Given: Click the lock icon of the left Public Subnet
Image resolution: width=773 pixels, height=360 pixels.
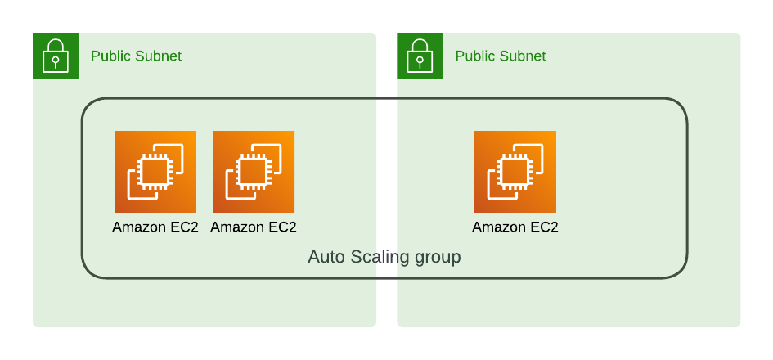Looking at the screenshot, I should [56, 56].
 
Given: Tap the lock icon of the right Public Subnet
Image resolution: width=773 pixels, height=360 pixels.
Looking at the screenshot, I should [420, 56].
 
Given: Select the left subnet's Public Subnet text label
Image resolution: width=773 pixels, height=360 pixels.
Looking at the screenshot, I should [136, 56].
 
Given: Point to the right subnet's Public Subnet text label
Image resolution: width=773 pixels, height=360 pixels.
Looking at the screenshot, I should [500, 56].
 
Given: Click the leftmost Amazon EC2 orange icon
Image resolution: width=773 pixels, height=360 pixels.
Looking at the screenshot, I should [155, 172].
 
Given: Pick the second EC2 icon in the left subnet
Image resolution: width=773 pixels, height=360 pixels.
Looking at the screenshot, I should [254, 172].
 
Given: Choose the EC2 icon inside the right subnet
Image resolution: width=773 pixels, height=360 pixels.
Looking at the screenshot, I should [515, 172].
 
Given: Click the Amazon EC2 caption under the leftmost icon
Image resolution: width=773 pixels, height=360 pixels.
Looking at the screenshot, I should [155, 227].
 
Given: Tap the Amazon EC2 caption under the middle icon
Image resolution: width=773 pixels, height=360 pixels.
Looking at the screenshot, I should [254, 227].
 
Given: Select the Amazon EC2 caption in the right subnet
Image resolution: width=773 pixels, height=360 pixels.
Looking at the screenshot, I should [515, 227].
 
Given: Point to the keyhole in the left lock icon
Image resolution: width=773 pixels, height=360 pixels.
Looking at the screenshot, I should [56, 61].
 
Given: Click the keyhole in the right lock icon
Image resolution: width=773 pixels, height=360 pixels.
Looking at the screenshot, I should [420, 61].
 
